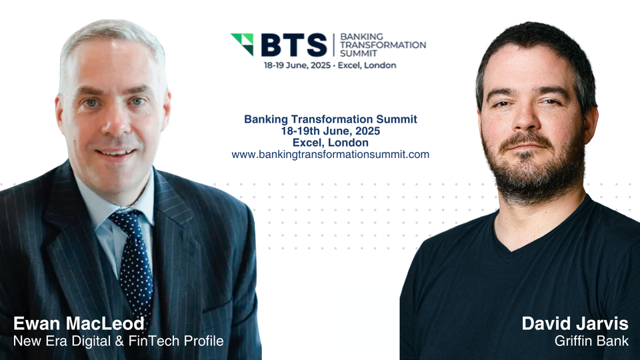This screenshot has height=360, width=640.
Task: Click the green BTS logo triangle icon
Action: (x=242, y=43)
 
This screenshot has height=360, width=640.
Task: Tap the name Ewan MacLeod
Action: (x=79, y=324)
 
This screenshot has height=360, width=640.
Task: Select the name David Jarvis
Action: (x=575, y=324)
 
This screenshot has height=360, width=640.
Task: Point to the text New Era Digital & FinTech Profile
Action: (x=118, y=342)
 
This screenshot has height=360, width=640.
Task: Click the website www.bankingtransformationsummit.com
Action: (x=330, y=154)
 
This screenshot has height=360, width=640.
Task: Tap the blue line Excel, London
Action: (x=330, y=142)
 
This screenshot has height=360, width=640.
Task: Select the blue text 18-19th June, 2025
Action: (x=330, y=131)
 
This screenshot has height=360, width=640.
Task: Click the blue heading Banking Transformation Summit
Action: (x=330, y=119)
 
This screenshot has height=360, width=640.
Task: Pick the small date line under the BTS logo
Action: (x=329, y=65)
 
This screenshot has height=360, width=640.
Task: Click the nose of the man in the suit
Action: (x=113, y=123)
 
